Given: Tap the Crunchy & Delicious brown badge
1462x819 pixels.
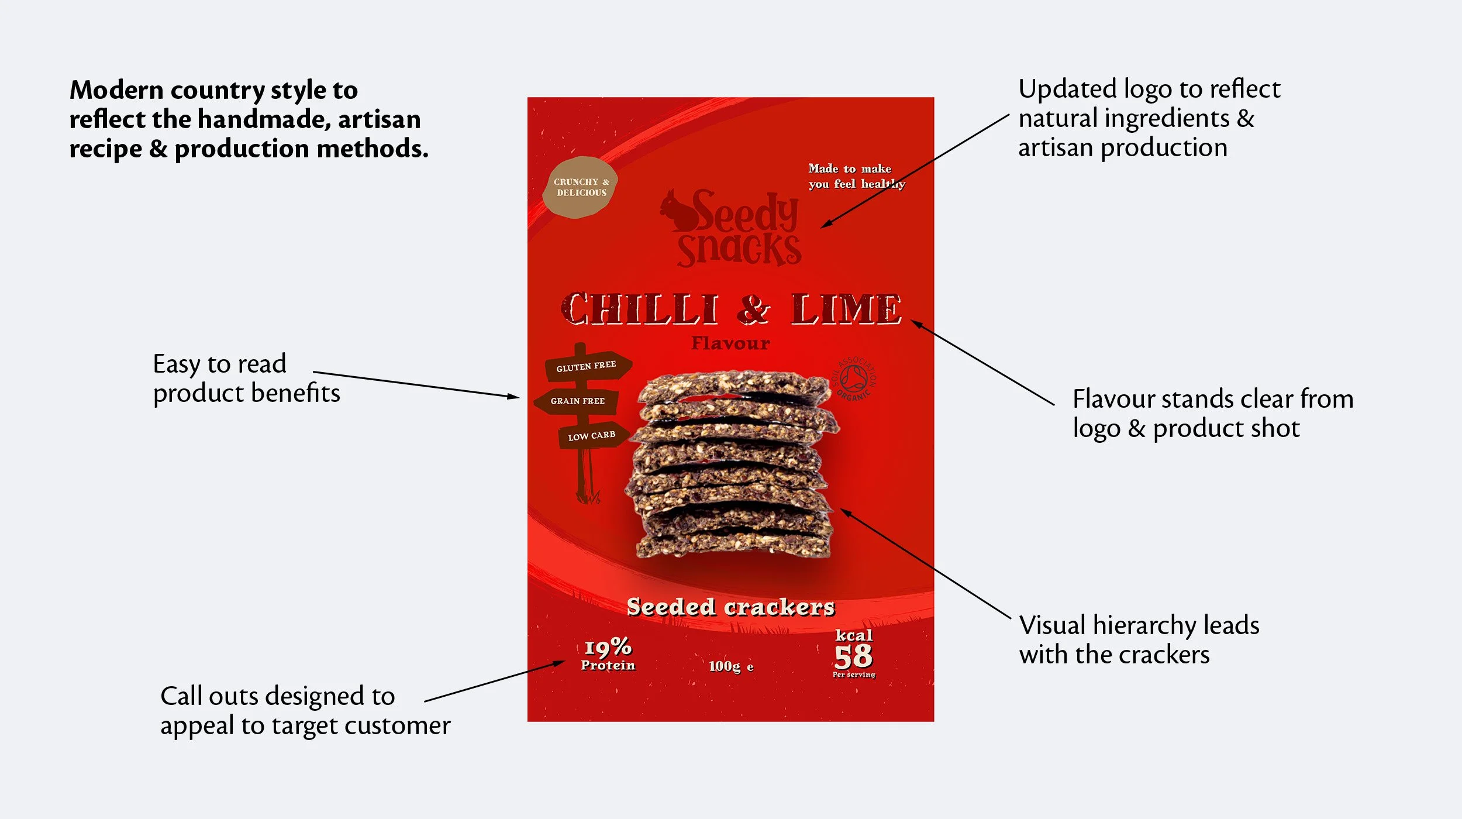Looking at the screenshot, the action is [580, 187].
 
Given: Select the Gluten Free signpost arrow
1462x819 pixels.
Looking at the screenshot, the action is [587, 367].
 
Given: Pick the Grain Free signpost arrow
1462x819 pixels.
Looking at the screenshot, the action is [577, 401].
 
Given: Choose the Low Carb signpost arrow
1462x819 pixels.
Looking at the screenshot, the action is [592, 436].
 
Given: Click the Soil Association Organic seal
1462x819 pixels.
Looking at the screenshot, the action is [854, 378].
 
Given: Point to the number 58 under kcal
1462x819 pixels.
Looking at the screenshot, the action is [853, 656].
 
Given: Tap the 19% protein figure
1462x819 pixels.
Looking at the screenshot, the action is [608, 647].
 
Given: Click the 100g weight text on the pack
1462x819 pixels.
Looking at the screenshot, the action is [725, 666].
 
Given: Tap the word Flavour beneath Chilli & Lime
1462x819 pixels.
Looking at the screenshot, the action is [730, 343].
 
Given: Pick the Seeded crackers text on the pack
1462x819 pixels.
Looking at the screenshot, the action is [730, 607].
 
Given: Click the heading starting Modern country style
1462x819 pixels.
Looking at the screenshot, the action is [249, 119].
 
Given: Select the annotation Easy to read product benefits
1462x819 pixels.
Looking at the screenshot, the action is [246, 378].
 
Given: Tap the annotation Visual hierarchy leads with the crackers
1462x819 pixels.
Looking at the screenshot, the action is [1139, 639].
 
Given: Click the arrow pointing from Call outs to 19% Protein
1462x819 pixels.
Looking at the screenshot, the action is [494, 681].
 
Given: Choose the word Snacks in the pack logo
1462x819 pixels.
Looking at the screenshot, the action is [739, 250].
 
